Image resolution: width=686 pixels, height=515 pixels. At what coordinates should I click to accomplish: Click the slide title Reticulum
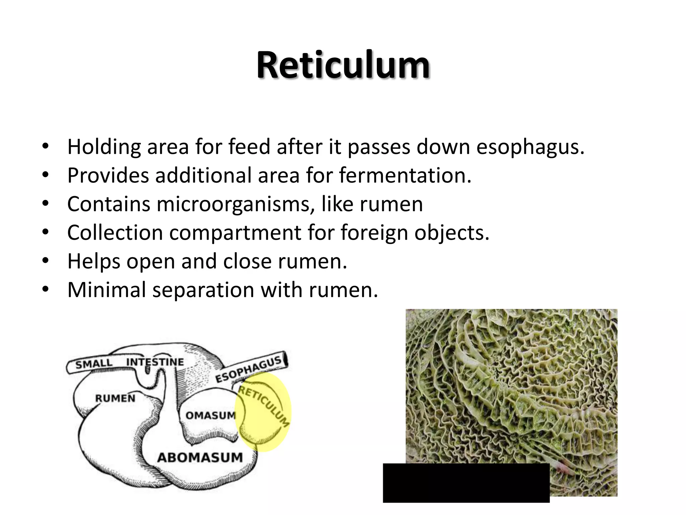click(343, 65)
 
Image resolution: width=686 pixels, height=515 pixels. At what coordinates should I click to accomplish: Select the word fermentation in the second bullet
click(405, 176)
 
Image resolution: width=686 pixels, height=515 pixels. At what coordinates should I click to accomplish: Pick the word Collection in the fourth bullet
click(115, 233)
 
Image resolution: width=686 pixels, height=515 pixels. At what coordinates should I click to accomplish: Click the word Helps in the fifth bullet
click(93, 262)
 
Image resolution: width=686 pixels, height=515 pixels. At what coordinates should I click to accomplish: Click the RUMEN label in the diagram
click(115, 399)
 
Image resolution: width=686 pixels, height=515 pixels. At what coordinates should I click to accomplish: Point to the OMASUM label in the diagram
click(211, 416)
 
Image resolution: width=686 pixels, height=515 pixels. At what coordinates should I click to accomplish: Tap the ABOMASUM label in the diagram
click(200, 458)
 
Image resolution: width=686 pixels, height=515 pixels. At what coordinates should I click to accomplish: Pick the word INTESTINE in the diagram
click(155, 362)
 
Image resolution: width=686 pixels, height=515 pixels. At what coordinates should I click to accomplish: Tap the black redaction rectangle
click(466, 483)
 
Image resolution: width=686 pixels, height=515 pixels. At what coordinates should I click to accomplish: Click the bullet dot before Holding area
click(46, 147)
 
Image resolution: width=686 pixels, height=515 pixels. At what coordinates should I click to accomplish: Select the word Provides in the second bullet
click(108, 176)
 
